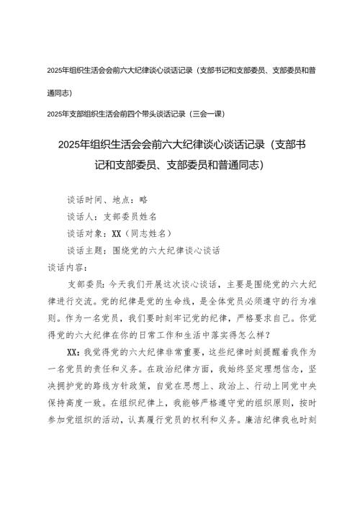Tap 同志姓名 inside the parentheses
click(x=150, y=212)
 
